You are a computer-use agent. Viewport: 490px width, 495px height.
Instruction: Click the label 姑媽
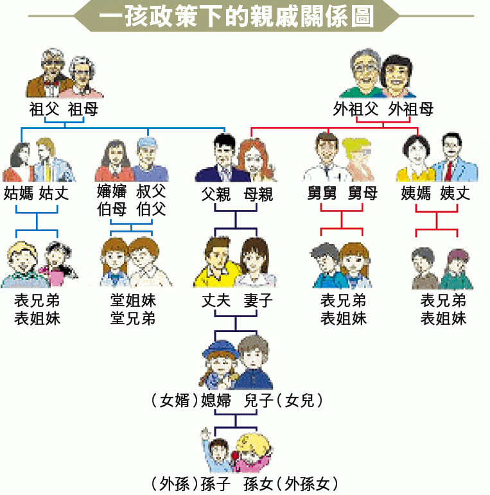tap(19, 192)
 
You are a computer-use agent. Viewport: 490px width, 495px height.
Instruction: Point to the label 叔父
tap(151, 191)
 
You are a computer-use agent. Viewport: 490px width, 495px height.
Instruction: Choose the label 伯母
tap(112, 209)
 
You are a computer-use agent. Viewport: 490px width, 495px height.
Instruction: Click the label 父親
tap(216, 193)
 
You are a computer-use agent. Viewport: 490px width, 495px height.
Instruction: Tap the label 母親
tap(258, 193)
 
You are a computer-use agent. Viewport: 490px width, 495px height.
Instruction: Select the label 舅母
tap(363, 192)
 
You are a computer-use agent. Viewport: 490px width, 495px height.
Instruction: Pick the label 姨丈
tap(455, 192)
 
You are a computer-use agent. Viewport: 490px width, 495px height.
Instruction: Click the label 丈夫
tap(216, 300)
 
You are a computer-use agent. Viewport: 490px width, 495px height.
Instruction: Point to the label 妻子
tap(258, 300)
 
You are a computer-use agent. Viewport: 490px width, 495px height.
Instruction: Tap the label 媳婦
tap(216, 401)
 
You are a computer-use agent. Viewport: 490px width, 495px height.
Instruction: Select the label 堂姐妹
tap(133, 300)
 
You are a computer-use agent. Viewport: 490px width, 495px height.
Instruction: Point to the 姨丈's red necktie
tap(449, 171)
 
